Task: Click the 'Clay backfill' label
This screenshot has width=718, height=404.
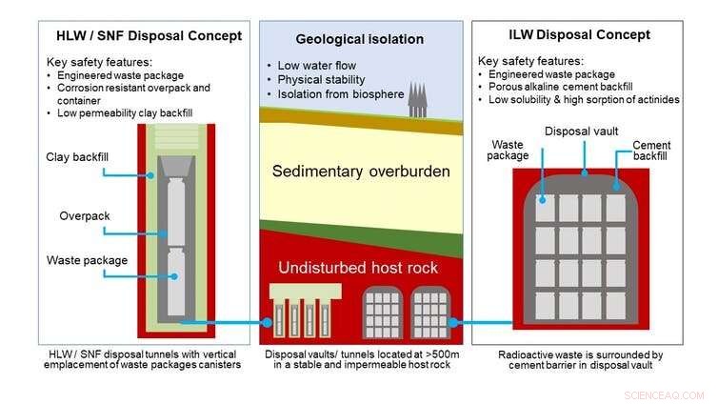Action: [74, 157]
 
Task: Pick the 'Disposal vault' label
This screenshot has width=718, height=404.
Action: [582, 131]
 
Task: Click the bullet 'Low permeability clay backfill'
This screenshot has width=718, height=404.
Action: [134, 113]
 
